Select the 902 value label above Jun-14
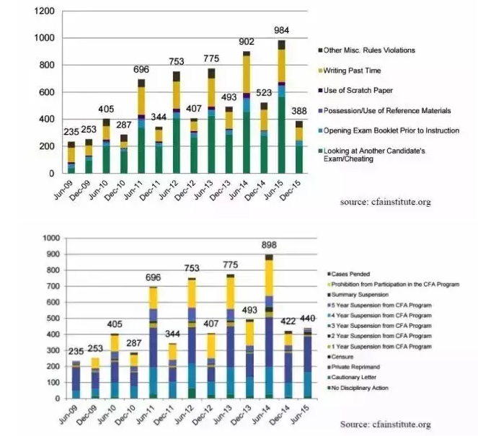[x=247, y=42]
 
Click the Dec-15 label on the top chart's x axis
[x=296, y=187]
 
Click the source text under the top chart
[x=386, y=203]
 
